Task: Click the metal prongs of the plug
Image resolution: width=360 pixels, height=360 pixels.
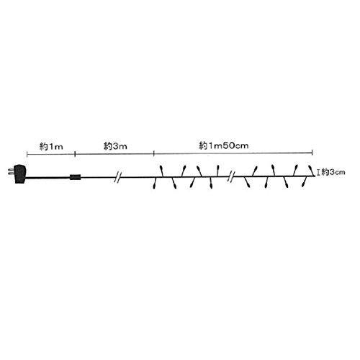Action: point(11,171)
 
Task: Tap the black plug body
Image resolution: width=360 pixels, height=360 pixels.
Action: point(19,174)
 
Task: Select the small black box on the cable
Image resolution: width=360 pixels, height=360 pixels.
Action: point(76,177)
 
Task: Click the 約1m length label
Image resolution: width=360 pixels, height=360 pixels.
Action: point(51,146)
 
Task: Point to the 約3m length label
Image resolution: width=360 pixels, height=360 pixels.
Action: point(115,146)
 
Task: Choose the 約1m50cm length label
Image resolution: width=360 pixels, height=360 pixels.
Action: point(224,145)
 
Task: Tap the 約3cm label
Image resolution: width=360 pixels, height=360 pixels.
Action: point(333,172)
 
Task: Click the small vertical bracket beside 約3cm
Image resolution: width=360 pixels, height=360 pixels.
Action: point(318,172)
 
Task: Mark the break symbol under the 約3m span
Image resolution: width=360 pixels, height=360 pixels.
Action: point(117,177)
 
